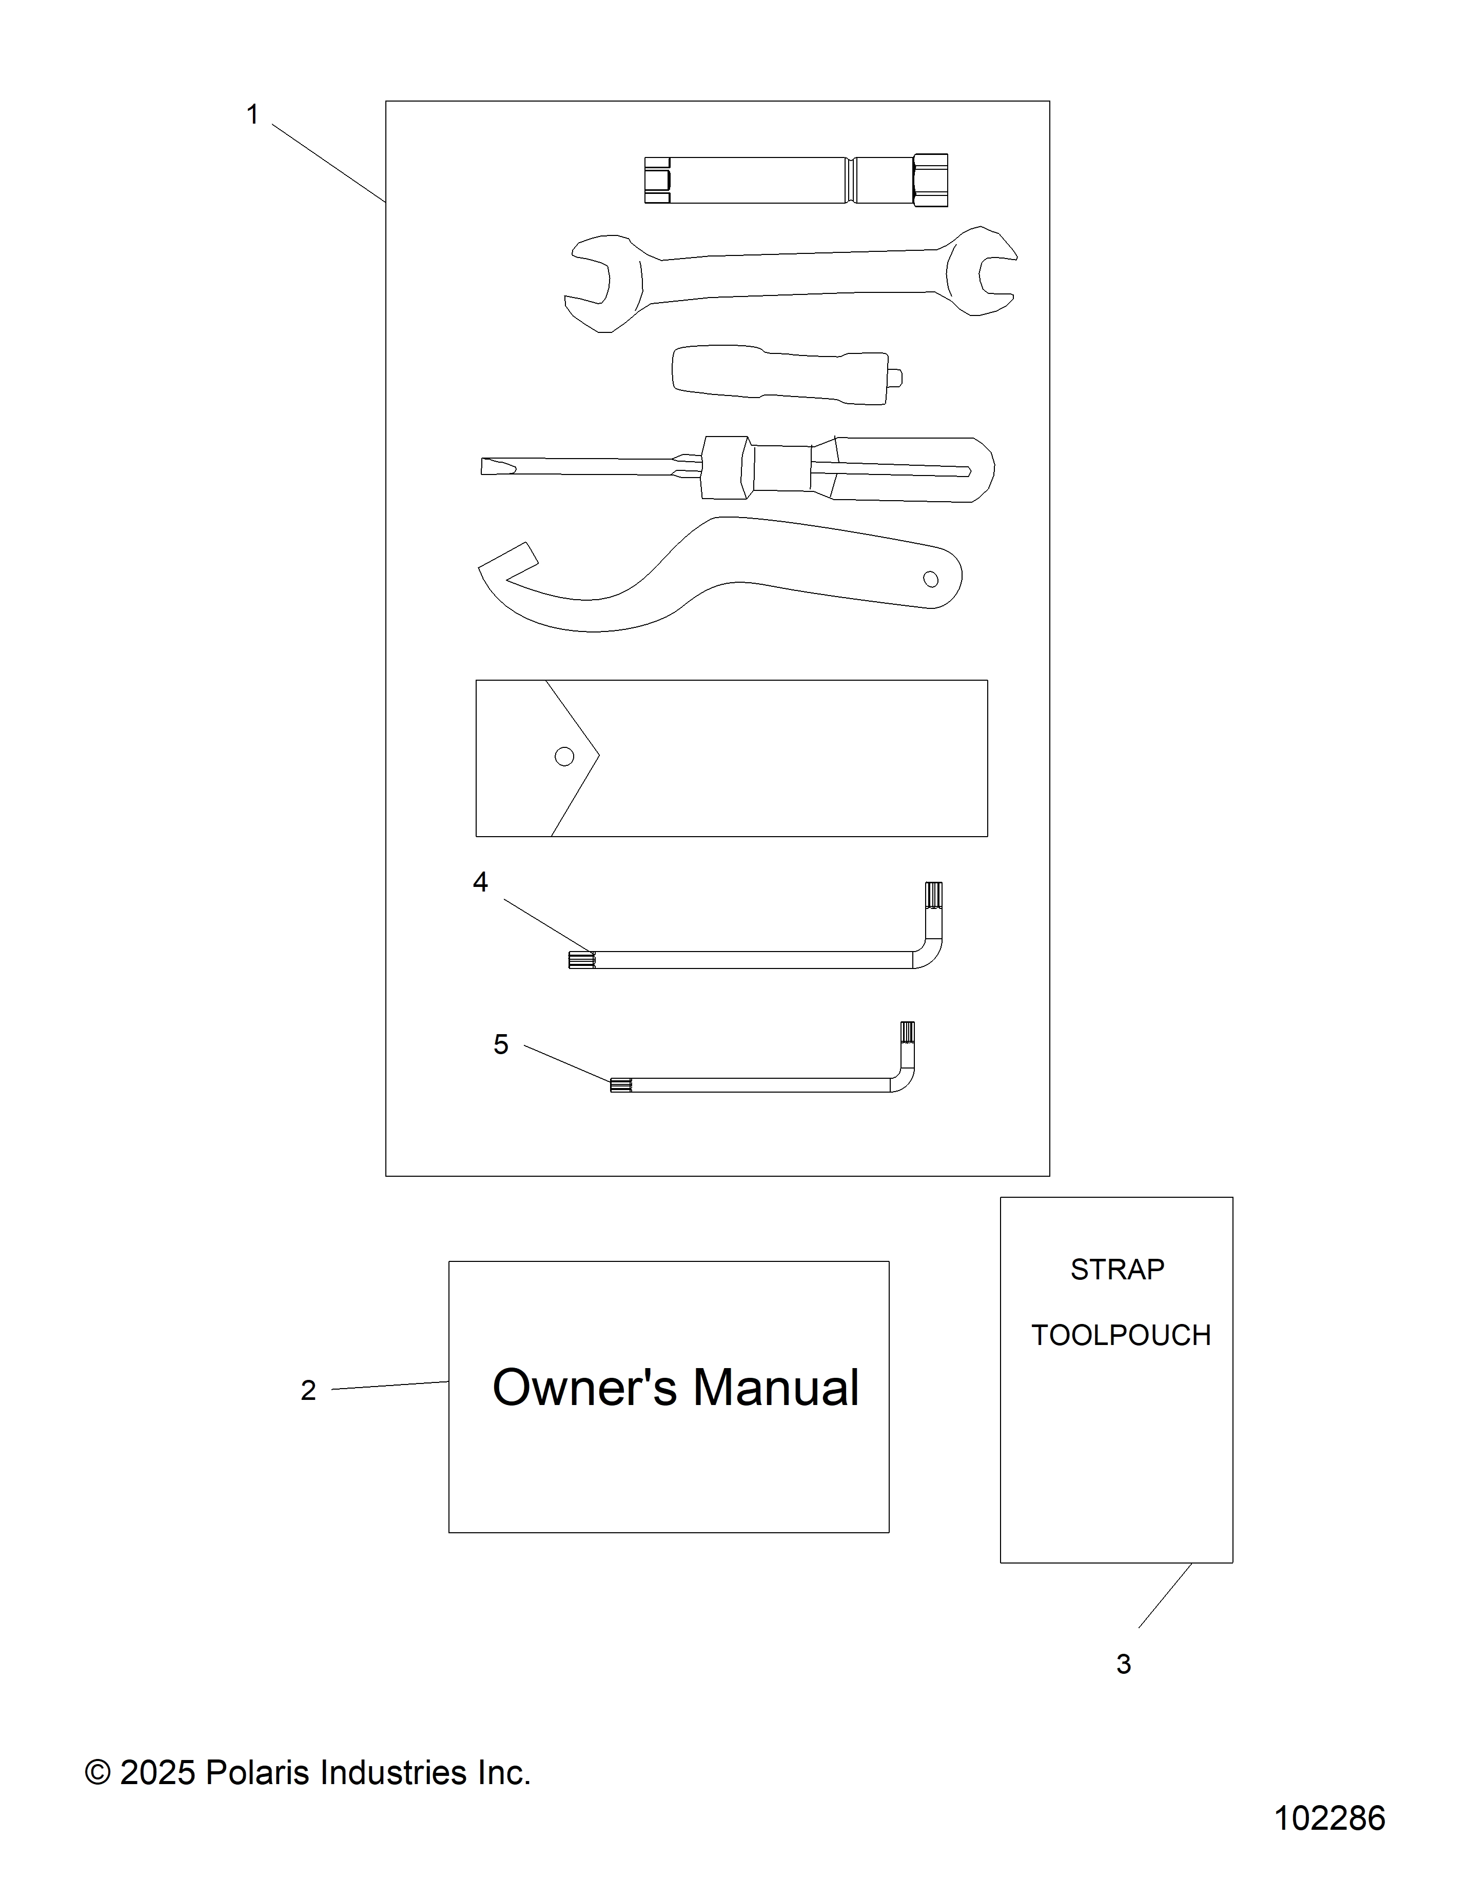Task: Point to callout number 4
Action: (480, 882)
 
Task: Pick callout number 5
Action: (501, 1044)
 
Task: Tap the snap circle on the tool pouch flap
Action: (564, 756)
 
